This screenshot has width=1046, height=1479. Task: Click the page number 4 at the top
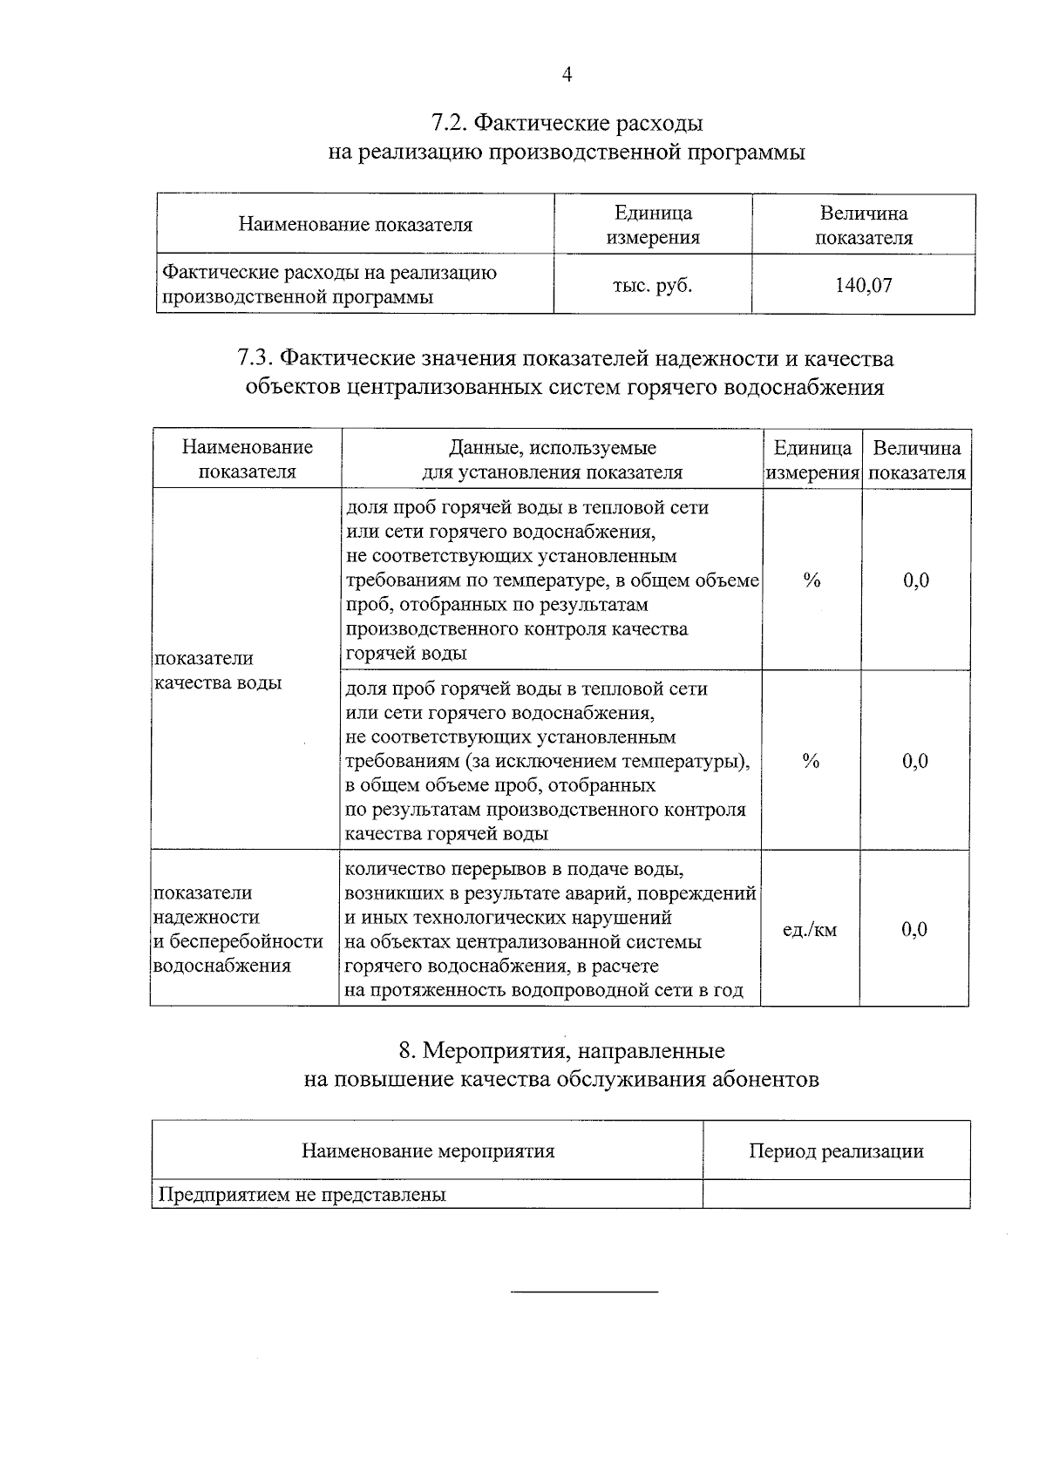(567, 75)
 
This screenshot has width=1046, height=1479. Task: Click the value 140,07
(863, 285)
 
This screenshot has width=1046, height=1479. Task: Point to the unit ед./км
(810, 929)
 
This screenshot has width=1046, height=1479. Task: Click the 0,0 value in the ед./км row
(914, 929)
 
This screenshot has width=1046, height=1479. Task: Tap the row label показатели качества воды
(218, 670)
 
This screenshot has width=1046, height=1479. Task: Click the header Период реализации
(836, 1150)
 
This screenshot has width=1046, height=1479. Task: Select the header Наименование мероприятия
(428, 1150)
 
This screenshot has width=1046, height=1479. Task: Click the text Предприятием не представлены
(302, 1195)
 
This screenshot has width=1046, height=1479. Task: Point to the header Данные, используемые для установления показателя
(552, 459)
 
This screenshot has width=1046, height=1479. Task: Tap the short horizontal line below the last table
(584, 1291)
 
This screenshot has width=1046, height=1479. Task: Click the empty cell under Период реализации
(836, 1194)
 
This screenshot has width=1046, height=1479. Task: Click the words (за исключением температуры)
(607, 761)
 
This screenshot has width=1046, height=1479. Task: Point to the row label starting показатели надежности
(238, 929)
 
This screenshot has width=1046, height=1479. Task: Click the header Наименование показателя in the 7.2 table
(355, 225)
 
